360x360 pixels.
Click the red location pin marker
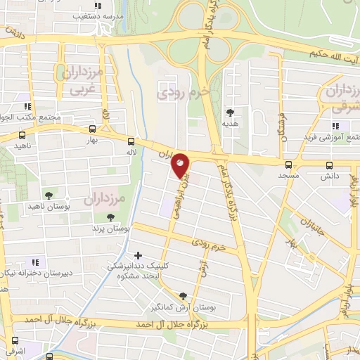tap(181, 165)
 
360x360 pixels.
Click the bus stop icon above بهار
tap(93, 129)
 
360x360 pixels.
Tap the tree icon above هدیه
tap(229, 111)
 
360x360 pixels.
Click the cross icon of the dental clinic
tap(138, 256)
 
